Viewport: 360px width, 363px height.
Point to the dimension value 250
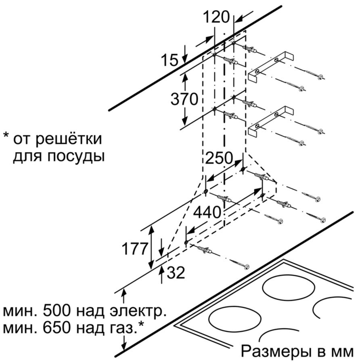[219, 158]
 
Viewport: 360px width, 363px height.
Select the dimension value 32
[176, 273]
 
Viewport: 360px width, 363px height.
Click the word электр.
[140, 312]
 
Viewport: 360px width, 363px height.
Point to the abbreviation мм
[342, 351]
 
